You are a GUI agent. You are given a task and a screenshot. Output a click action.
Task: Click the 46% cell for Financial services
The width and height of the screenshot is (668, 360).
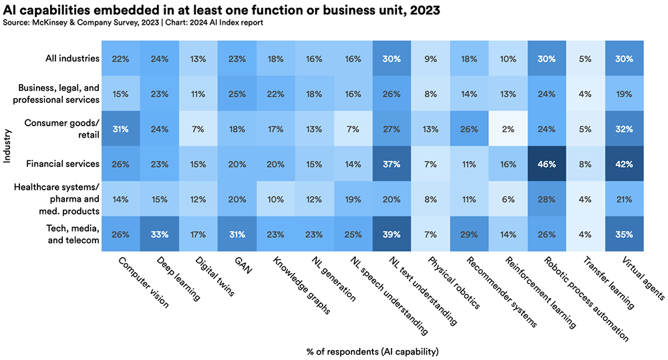546,164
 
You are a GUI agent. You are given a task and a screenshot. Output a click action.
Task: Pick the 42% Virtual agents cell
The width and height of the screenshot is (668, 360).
623,164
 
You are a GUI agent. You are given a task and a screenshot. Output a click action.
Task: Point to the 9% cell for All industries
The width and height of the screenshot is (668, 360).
430,59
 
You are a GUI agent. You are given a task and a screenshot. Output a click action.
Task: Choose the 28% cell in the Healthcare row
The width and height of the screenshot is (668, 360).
546,199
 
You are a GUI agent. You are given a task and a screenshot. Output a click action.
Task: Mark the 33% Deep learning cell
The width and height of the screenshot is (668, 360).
159,234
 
